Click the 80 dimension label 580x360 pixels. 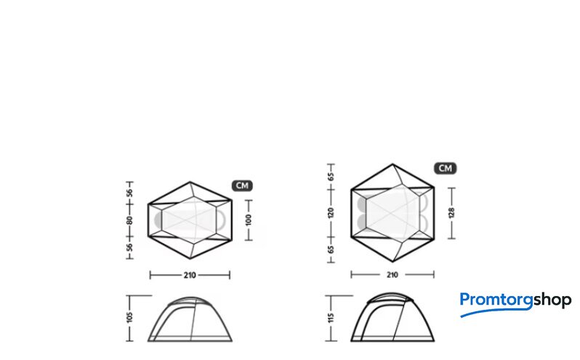[x=129, y=220]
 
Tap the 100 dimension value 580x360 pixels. [x=249, y=220]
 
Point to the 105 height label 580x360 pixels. [x=129, y=317]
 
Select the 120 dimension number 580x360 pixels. [x=331, y=213]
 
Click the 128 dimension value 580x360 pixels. [x=451, y=213]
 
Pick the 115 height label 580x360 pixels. [x=331, y=317]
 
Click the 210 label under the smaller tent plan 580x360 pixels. [x=190, y=275]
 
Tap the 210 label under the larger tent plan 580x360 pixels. [x=392, y=275]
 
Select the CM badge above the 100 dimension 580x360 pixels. [x=242, y=185]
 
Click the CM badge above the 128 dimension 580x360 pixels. [x=446, y=168]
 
